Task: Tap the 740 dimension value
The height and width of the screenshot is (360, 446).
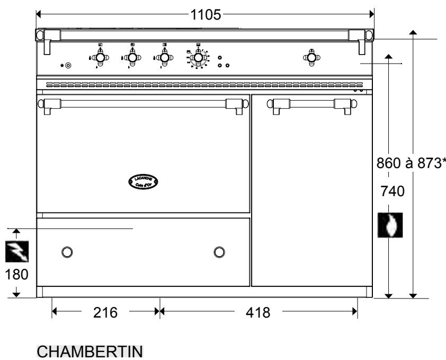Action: [x=392, y=191]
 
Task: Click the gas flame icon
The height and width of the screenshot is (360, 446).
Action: [x=390, y=224]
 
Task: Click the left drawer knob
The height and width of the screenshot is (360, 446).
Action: [x=67, y=251]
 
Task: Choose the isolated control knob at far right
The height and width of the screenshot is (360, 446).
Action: [x=311, y=56]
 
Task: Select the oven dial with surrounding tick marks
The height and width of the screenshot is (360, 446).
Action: [x=198, y=57]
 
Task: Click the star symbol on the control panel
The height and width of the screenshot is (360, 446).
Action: [x=62, y=66]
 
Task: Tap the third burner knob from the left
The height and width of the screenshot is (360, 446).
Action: [x=164, y=57]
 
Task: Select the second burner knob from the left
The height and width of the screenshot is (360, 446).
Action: [x=132, y=57]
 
